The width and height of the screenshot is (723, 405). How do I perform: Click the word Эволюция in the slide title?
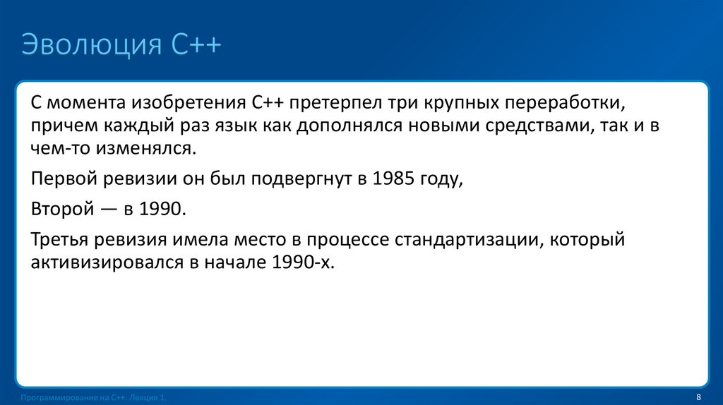pos(91,46)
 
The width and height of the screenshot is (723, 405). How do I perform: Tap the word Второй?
pos(62,210)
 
